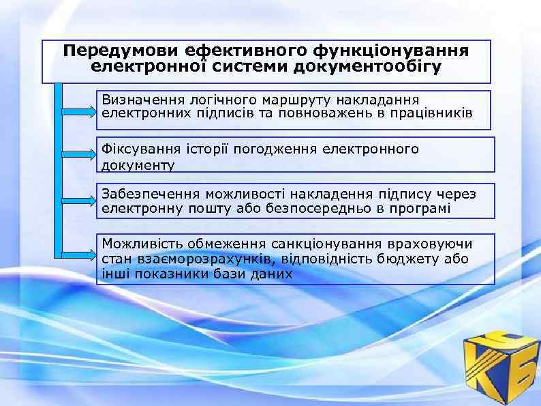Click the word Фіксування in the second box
[137, 149]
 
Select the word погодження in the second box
[275, 149]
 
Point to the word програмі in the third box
[420, 207]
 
